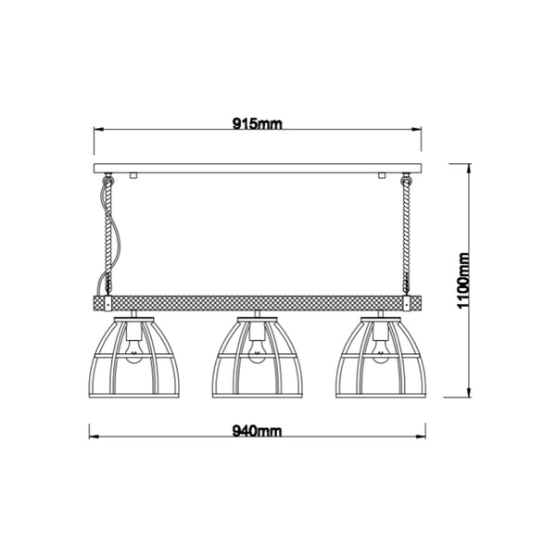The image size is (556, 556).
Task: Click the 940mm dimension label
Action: tap(257, 432)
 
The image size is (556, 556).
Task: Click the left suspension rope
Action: tap(109, 236)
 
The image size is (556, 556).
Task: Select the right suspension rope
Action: tap(405, 236)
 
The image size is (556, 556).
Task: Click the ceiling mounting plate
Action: tap(257, 168)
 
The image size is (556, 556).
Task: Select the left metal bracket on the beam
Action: tap(109, 303)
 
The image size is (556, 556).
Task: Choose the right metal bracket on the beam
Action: tap(405, 303)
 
